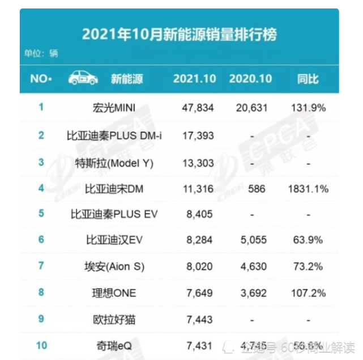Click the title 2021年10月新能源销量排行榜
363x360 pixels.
coord(180,34)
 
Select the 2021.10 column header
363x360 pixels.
coord(195,79)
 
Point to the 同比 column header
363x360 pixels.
coord(308,79)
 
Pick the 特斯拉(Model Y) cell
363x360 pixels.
coord(114,162)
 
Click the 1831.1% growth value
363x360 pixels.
coord(308,189)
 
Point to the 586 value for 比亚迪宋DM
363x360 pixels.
coord(257,189)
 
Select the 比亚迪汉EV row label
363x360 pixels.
coord(114,240)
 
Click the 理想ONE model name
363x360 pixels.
coord(114,293)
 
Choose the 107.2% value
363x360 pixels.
coord(308,293)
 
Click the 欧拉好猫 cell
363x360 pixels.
coord(114,320)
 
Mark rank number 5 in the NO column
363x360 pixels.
coord(41,214)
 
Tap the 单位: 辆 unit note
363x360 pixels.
coord(41,54)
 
